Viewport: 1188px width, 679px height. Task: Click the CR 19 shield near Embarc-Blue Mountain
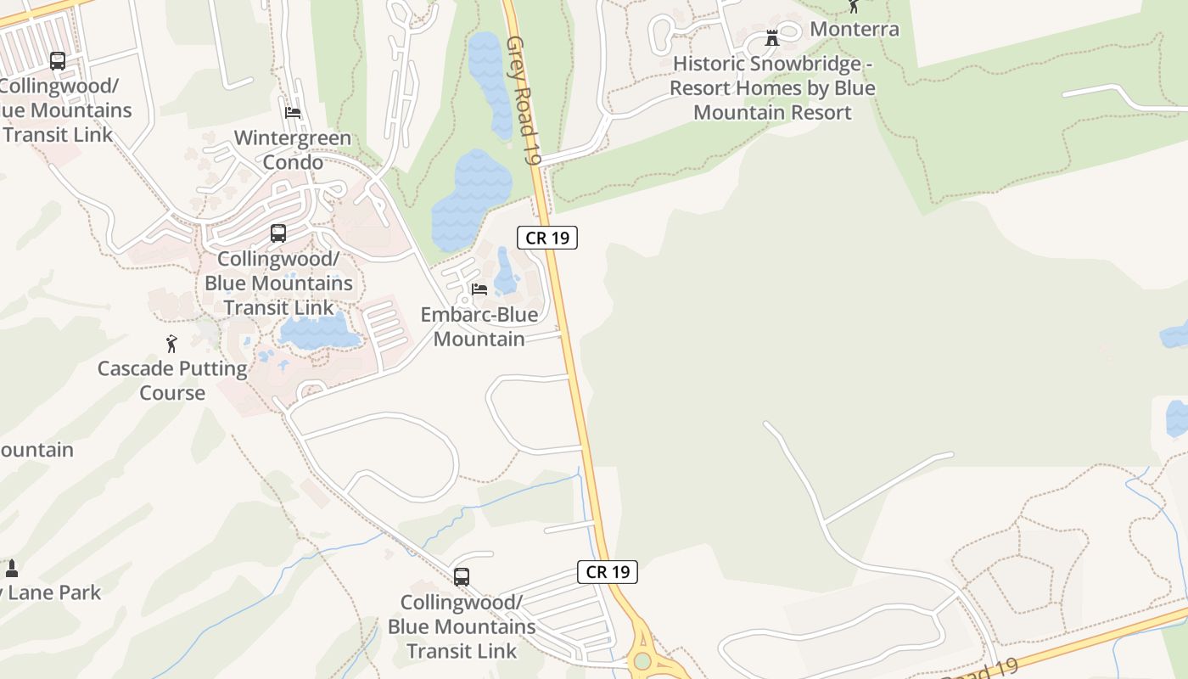click(547, 238)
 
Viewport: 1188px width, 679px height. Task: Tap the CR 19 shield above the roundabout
click(608, 572)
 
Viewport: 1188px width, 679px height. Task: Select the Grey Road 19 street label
click(523, 100)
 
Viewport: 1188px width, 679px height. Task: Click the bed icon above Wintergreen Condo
click(293, 112)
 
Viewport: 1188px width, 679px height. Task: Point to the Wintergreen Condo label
click(292, 149)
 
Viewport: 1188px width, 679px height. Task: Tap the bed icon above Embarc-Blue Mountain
click(479, 289)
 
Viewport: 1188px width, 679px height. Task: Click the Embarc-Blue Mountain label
click(479, 327)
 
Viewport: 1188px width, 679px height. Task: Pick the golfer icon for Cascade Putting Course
click(171, 344)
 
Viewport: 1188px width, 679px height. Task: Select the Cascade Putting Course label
click(172, 380)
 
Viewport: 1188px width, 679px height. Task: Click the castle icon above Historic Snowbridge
click(772, 38)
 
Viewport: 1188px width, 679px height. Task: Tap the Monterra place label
click(855, 29)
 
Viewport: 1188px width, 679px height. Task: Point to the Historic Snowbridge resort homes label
click(772, 88)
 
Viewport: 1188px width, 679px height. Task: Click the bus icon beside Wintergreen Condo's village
click(277, 233)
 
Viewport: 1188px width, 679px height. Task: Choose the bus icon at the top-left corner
click(58, 61)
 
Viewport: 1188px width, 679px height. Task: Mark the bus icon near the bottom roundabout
click(462, 577)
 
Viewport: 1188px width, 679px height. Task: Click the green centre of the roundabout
click(642, 660)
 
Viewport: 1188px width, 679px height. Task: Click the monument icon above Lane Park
click(12, 568)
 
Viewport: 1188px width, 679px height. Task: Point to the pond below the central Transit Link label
click(318, 332)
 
